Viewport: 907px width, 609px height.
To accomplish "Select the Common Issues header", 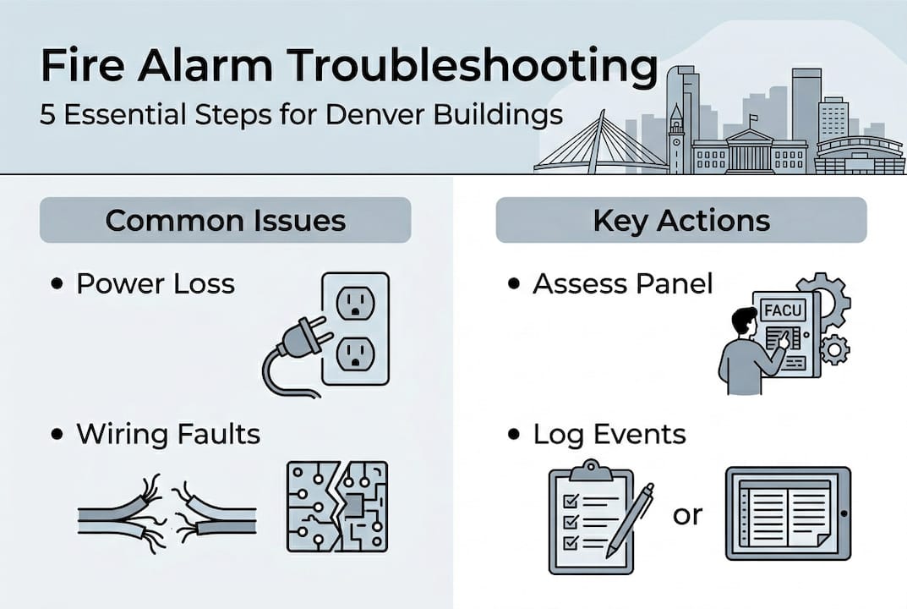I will [225, 220].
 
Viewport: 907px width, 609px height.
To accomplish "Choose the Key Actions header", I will [680, 220].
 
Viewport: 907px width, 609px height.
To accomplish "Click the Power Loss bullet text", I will [156, 283].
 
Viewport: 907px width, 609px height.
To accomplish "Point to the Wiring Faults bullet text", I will [168, 434].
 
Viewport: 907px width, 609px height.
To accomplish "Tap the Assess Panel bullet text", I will [622, 283].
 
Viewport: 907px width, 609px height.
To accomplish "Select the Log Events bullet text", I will [609, 434].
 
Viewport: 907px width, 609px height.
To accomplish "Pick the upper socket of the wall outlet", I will [355, 302].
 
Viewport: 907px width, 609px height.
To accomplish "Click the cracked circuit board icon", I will [336, 506].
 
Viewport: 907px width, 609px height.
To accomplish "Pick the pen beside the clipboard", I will [631, 518].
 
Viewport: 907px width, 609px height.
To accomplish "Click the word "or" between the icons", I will [687, 514].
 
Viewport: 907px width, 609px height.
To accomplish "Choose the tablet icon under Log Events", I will [788, 514].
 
